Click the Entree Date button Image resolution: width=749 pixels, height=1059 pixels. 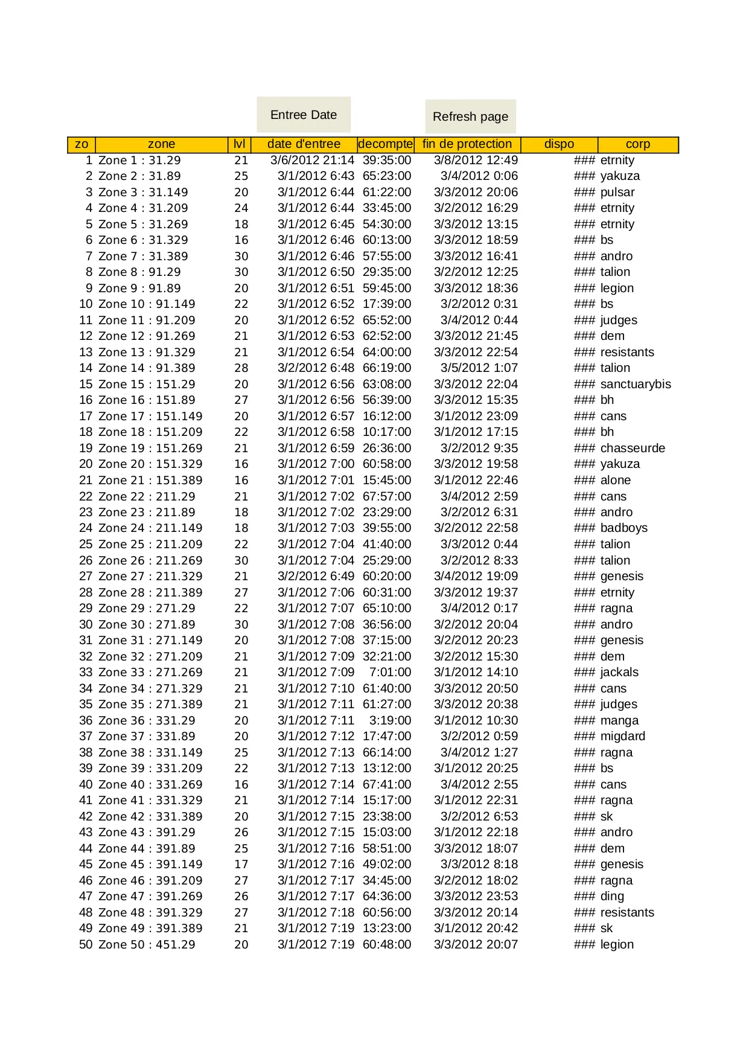(x=303, y=115)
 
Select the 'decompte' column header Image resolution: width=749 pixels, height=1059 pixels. (x=385, y=144)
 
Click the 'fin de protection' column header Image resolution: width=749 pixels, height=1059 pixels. (x=467, y=144)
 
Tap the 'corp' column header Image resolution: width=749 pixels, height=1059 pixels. (x=637, y=144)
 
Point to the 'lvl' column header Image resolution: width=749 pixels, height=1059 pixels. (x=239, y=144)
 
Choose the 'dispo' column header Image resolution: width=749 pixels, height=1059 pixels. (x=559, y=144)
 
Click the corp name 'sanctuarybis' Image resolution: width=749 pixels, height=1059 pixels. (x=636, y=384)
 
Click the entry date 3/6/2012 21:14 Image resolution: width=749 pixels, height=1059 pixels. (x=312, y=160)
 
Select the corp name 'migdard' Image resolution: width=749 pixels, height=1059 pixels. (x=623, y=736)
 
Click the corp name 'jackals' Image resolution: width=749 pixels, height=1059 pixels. (x=619, y=672)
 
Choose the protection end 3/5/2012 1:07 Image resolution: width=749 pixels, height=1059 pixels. (x=479, y=368)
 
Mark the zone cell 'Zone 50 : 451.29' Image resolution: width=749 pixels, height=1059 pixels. (x=147, y=944)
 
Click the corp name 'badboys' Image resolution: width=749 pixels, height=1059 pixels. (x=624, y=528)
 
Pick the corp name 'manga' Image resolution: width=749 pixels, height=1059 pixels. (x=619, y=720)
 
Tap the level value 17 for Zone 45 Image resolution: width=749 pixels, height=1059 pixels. (x=241, y=864)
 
